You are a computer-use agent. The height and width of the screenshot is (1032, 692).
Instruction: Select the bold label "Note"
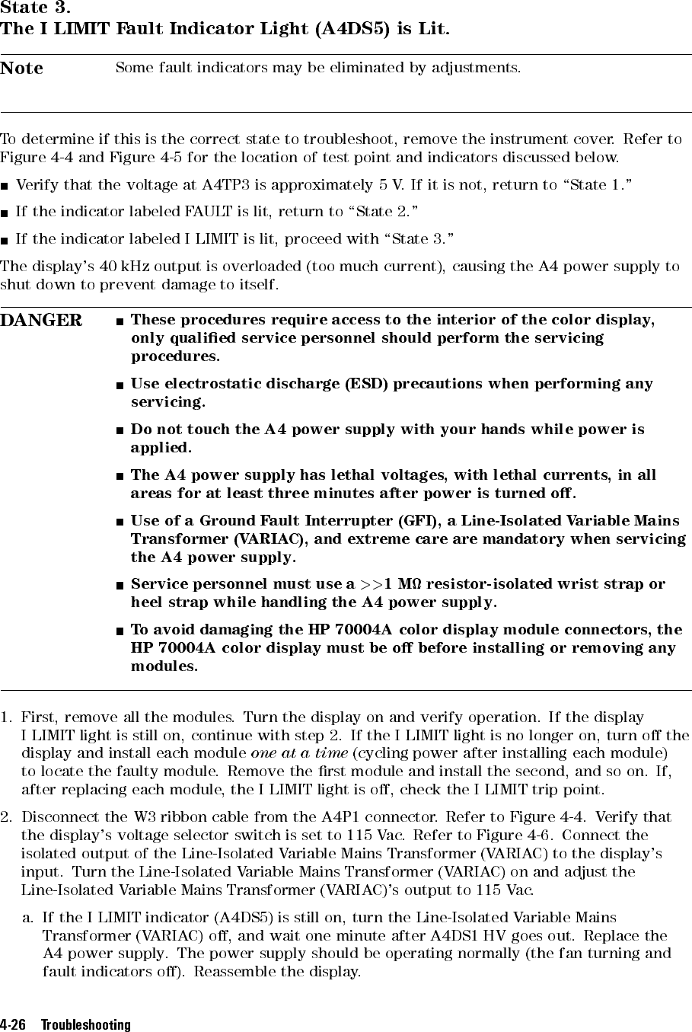tap(22, 69)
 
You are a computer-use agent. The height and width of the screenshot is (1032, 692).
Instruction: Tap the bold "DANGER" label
tap(41, 321)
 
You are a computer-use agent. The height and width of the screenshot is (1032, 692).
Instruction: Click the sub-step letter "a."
tap(29, 919)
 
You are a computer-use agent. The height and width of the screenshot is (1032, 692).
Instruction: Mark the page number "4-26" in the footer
tap(14, 1025)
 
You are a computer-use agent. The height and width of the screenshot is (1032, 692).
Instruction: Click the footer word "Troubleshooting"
tap(86, 1025)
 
